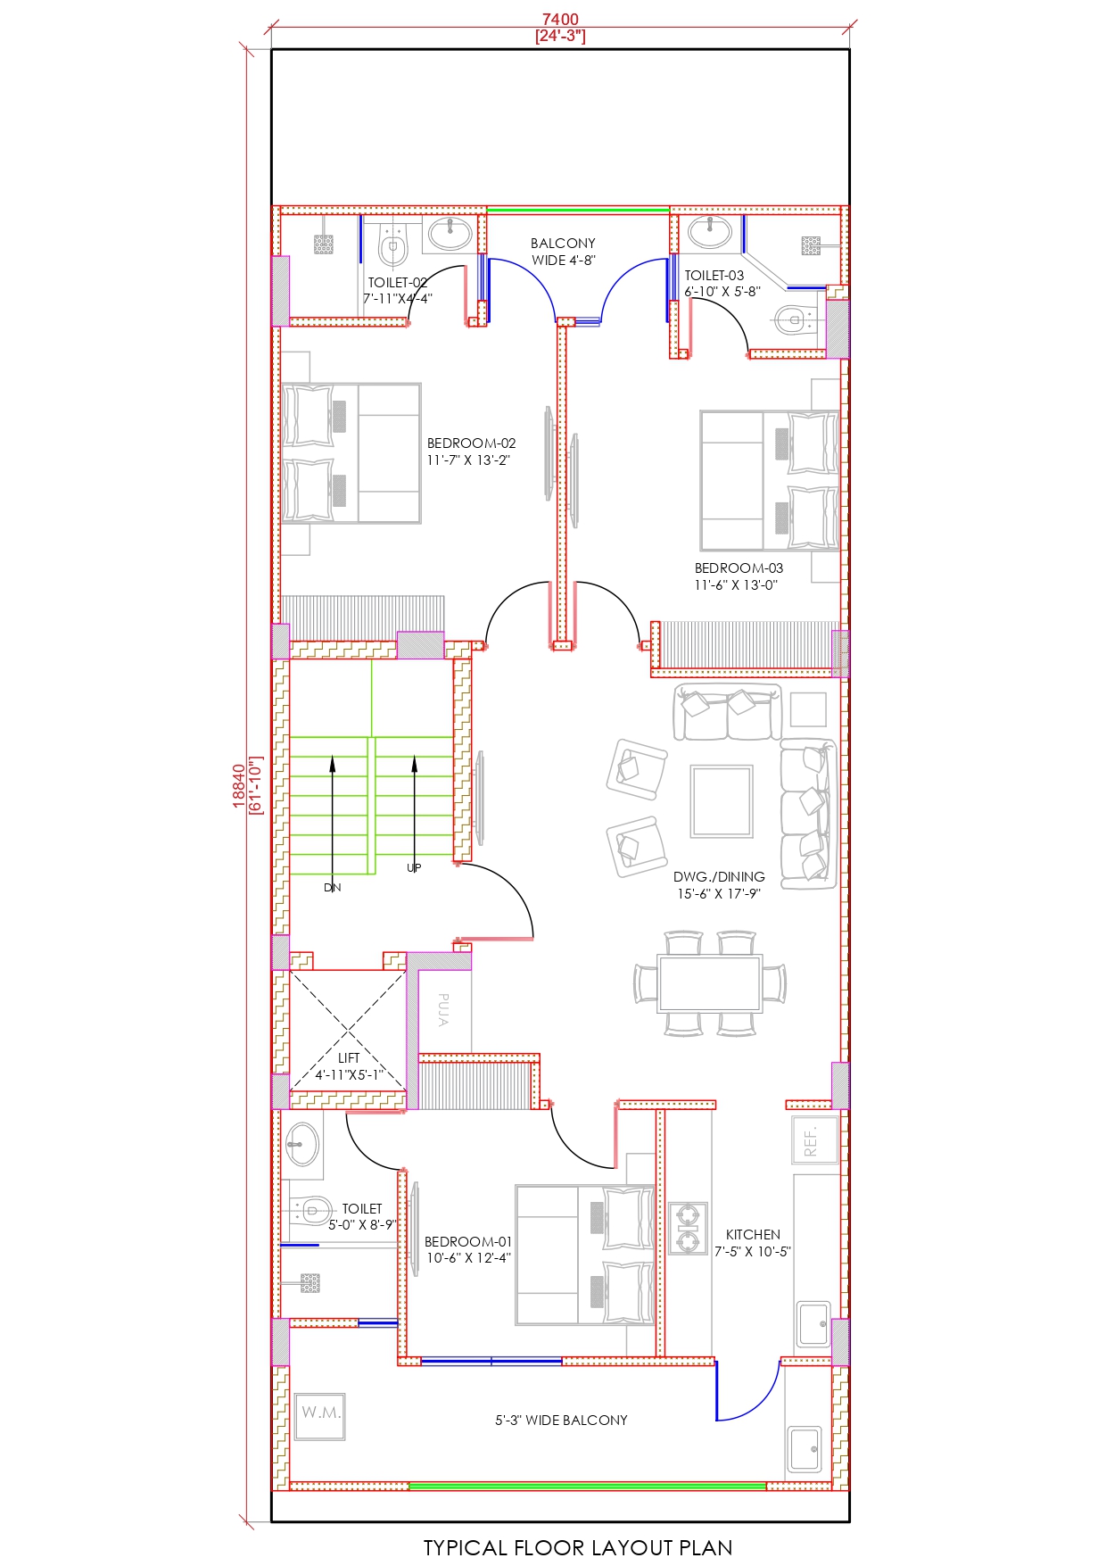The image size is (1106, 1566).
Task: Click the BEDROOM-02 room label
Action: (x=471, y=443)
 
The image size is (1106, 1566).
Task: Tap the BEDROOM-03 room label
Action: (x=739, y=568)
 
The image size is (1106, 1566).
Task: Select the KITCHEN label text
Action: (x=753, y=1235)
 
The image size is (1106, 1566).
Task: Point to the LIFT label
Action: (x=349, y=1058)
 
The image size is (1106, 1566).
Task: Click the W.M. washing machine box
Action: (x=320, y=1416)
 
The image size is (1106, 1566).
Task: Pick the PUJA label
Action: (x=443, y=1009)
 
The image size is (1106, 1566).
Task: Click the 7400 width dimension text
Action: (x=560, y=20)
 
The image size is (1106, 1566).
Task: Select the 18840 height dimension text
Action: (x=239, y=786)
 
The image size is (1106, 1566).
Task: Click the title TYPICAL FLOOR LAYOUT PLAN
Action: (x=578, y=1547)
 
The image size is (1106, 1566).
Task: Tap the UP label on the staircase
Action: (x=414, y=868)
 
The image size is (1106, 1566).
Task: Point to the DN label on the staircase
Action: (x=333, y=888)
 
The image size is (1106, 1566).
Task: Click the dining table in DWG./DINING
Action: (x=709, y=983)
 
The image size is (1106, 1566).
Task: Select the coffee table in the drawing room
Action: (x=722, y=800)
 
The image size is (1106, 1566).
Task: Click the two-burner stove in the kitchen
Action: (x=688, y=1228)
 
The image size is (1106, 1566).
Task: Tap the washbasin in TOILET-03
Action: (x=710, y=232)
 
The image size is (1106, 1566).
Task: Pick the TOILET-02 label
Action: (x=398, y=283)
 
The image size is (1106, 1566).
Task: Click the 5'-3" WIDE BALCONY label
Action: (x=561, y=1420)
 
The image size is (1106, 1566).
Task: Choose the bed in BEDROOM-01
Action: (x=585, y=1255)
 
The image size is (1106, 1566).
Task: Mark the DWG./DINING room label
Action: (x=719, y=877)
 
